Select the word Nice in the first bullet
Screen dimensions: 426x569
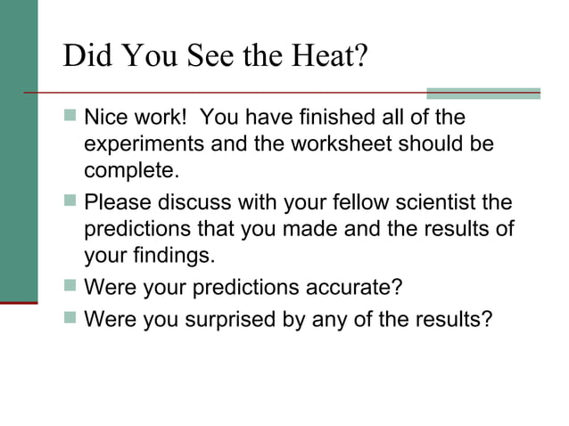pos(105,119)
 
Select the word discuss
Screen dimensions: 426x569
pos(197,202)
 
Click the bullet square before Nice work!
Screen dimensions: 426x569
pos(70,119)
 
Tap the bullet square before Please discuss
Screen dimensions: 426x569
pos(70,202)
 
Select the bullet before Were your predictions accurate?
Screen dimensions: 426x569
pos(70,288)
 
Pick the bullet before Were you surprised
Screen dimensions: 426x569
pos(70,318)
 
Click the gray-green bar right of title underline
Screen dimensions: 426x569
pos(482,93)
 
